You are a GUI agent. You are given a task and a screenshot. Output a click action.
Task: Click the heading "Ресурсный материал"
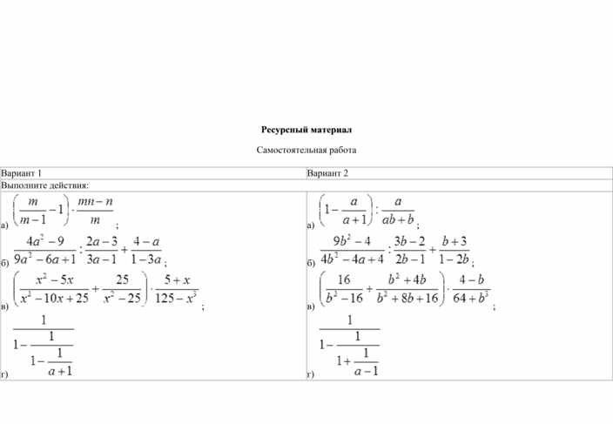[306, 130]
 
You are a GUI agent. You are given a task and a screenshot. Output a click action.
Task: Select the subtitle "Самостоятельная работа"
[306, 150]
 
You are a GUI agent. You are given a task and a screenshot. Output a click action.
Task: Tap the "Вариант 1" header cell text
[21, 173]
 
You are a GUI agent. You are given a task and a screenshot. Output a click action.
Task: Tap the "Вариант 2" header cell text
[327, 173]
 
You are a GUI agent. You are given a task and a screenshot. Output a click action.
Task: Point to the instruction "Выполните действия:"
[45, 185]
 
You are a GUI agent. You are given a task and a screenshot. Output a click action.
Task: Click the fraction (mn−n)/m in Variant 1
[95, 211]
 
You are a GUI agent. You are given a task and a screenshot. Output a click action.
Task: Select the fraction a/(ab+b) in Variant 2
[398, 211]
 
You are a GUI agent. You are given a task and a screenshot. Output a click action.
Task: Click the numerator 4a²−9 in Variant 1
[45, 241]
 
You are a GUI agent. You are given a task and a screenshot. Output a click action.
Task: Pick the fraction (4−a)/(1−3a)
[146, 250]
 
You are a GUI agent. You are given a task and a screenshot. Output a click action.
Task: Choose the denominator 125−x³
[176, 298]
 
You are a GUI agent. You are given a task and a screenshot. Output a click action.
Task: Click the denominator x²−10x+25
[54, 298]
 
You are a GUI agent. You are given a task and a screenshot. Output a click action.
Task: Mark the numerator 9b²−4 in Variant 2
[352, 241]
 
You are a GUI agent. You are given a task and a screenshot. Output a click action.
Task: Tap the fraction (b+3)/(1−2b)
[455, 250]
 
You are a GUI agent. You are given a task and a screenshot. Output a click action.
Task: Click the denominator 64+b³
[471, 298]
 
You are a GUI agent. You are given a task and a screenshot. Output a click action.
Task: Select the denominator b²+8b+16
[408, 298]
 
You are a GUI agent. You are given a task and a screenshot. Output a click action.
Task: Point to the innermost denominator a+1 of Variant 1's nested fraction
[60, 371]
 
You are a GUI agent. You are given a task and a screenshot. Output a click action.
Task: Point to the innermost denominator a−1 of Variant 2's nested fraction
[367, 371]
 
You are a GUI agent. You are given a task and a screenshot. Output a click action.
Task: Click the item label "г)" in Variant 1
[3, 374]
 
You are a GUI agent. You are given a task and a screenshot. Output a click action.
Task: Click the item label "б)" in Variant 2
[311, 263]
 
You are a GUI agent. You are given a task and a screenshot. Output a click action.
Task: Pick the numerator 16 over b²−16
[344, 279]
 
